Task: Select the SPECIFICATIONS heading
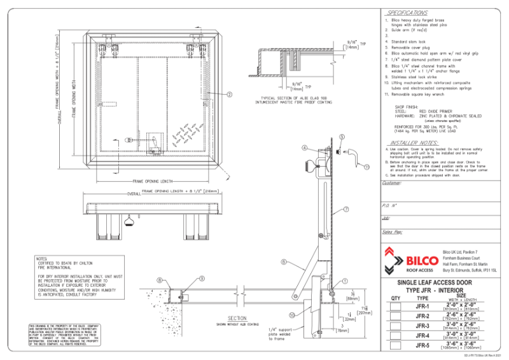click(x=407, y=13)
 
